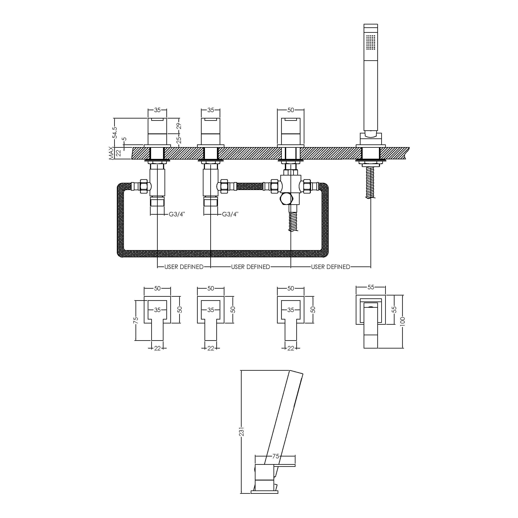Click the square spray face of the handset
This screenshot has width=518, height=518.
(x=371, y=42)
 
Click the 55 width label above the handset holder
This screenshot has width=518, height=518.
(x=371, y=287)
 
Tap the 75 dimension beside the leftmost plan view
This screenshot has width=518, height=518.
(x=136, y=321)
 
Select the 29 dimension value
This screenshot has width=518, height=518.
(x=179, y=126)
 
